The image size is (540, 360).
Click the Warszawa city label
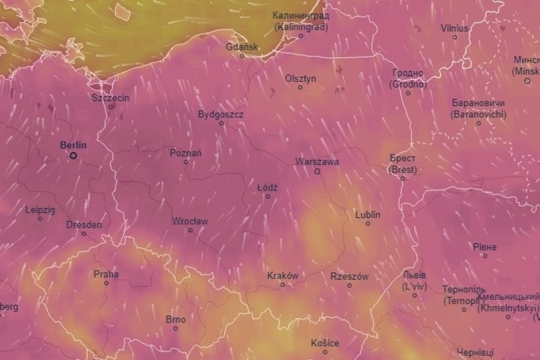pos(317,162)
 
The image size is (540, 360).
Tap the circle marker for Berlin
pos(74,155)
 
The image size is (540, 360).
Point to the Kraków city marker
pos(283,285)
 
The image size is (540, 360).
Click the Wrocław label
pos(190,221)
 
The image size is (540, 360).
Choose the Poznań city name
pos(185,153)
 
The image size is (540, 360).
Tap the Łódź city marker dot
pos(268,197)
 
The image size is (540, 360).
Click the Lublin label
pos(368,215)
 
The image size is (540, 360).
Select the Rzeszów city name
pos(350,276)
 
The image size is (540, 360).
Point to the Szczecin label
pos(110,97)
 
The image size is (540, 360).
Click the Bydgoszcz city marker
pos(221,124)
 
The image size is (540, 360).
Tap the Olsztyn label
pos(300,78)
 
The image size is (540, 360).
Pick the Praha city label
pos(106,274)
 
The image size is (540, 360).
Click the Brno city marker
pos(175,328)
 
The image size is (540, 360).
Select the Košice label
pos(325,343)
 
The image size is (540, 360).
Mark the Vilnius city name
pos(454,28)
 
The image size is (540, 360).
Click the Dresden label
pos(84,224)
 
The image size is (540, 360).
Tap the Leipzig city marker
pos(40,218)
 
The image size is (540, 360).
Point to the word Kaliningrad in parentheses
pos(301,26)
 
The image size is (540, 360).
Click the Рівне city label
pos(485,247)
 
